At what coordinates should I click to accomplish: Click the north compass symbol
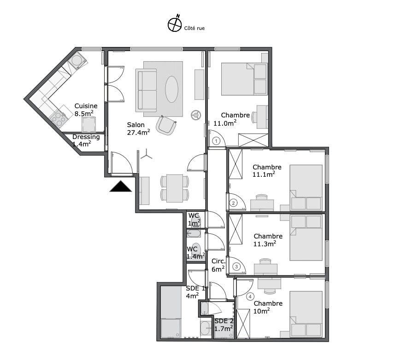[175, 25]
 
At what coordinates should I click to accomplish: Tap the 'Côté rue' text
[194, 29]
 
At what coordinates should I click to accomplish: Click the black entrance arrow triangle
[121, 186]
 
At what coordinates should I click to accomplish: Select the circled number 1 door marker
[216, 141]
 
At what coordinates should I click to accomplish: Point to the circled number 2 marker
[233, 203]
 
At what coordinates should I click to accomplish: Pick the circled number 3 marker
[236, 267]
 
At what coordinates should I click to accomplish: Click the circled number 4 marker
[250, 297]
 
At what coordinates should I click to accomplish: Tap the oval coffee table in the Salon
[171, 89]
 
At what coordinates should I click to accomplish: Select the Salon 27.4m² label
[138, 128]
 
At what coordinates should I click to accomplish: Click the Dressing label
[86, 137]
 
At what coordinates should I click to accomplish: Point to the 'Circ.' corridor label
[218, 261]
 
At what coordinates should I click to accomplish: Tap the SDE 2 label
[224, 321]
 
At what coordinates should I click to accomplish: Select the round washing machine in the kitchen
[77, 60]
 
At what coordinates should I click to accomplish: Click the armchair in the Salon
[166, 125]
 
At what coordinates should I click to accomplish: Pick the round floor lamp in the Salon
[196, 115]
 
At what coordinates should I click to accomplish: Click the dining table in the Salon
[175, 188]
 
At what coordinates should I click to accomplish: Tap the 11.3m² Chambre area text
[265, 244]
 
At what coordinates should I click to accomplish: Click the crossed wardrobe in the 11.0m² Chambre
[253, 140]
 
